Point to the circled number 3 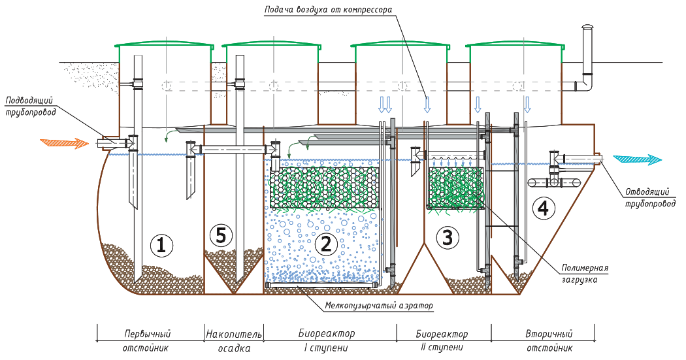(447, 238)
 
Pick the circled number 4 (544, 208)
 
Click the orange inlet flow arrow (63, 141)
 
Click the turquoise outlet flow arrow (638, 159)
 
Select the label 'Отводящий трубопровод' (651, 197)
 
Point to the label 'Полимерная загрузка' (585, 272)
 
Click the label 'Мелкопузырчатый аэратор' (379, 305)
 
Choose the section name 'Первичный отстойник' (147, 340)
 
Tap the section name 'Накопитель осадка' (233, 340)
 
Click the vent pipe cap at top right (586, 27)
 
